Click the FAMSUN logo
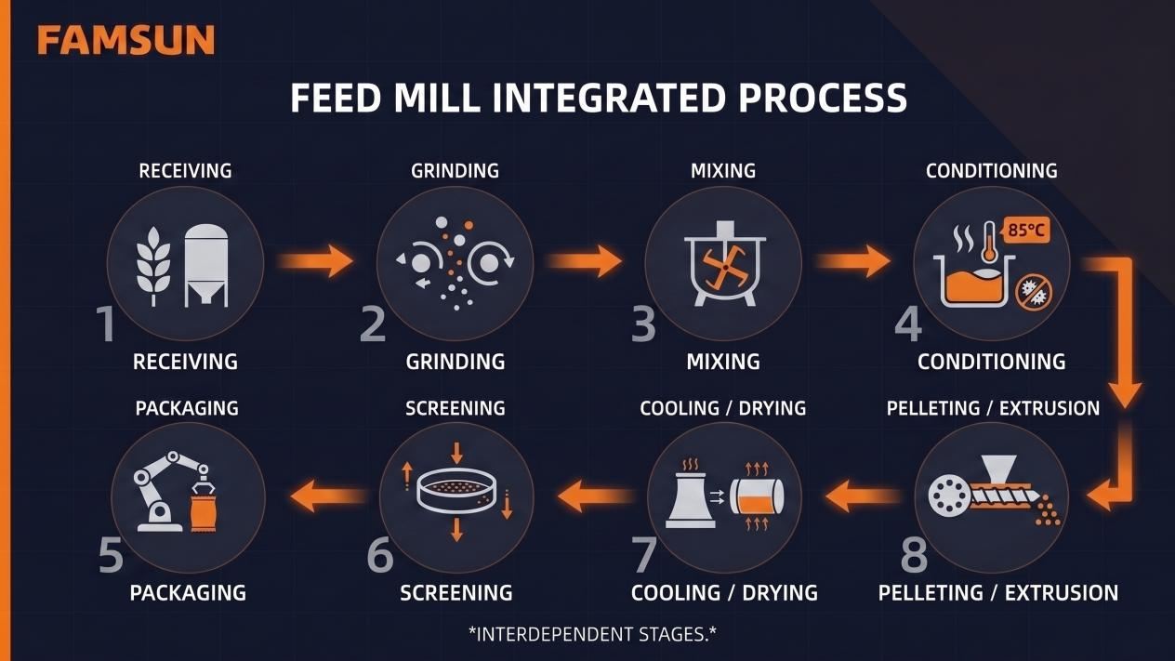(x=125, y=40)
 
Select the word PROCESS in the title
(x=823, y=99)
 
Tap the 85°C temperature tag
(x=1026, y=230)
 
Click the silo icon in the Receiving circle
(x=206, y=266)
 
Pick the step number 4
(x=908, y=324)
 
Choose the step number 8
(x=915, y=555)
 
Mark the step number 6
(x=380, y=555)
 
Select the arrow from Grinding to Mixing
(x=583, y=260)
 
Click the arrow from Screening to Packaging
(x=329, y=496)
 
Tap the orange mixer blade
(x=725, y=268)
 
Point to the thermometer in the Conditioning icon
(x=989, y=243)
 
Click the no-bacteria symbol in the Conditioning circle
(x=1034, y=292)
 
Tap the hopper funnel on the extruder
(x=998, y=468)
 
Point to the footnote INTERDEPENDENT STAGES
(x=592, y=634)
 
